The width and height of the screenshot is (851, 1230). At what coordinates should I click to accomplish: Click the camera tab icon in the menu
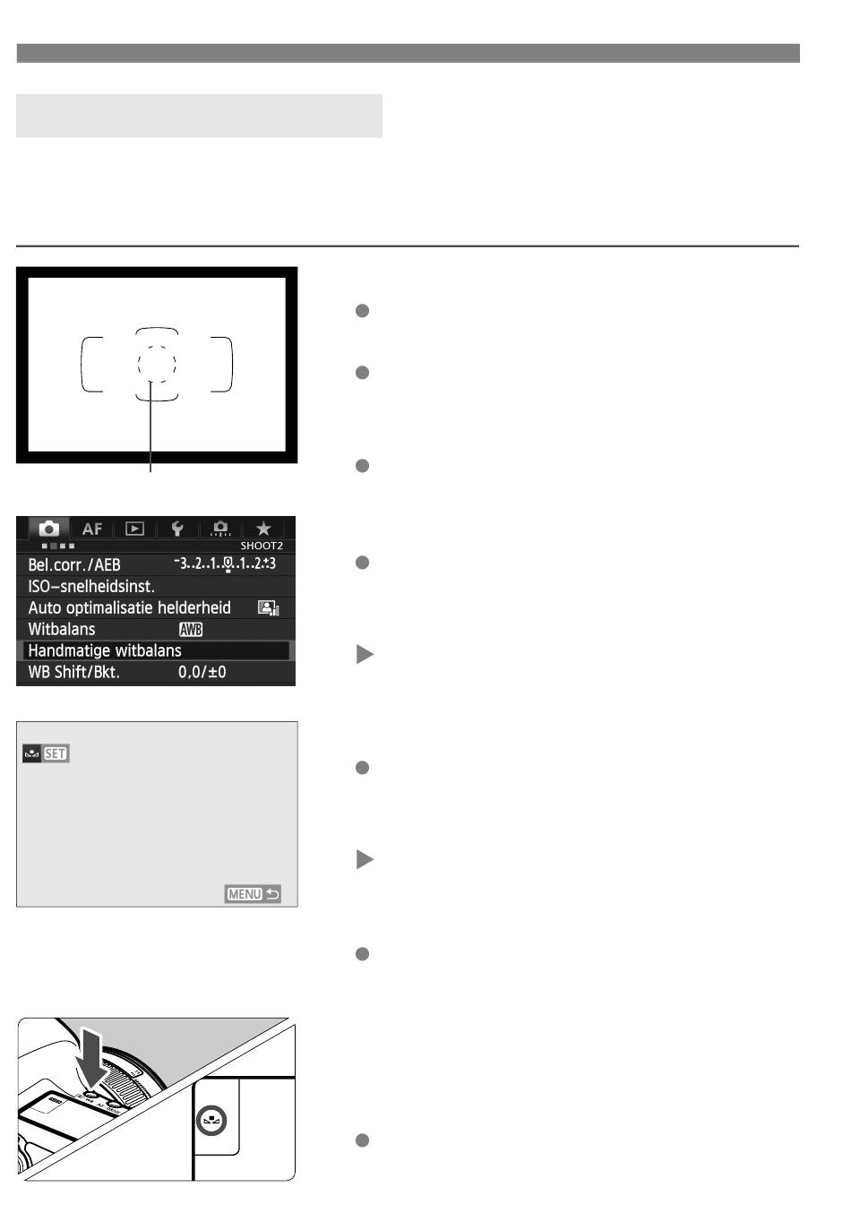(49, 529)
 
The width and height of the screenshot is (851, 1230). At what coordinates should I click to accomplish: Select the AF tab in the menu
(91, 529)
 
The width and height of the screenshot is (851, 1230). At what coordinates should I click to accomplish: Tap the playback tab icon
(134, 529)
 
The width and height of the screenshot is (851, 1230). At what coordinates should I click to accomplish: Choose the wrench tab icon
(177, 529)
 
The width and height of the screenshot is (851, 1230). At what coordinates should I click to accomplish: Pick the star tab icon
(263, 529)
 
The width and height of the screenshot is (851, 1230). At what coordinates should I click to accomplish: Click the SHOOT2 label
(262, 546)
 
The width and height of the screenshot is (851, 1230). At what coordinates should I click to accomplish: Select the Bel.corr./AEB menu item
(74, 564)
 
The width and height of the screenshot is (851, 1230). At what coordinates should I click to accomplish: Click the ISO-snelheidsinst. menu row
(91, 587)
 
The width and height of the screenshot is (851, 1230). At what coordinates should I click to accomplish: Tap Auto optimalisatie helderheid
(130, 608)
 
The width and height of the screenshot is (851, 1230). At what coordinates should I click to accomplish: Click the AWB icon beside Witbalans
(191, 629)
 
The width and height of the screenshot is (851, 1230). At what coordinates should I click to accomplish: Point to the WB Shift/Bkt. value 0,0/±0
(202, 672)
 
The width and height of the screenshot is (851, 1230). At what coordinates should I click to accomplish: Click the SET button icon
(56, 753)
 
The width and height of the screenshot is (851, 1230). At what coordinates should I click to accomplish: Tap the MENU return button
(253, 894)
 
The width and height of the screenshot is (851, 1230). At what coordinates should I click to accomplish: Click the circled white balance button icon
(211, 1120)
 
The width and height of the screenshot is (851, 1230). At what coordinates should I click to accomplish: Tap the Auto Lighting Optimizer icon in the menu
(268, 608)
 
